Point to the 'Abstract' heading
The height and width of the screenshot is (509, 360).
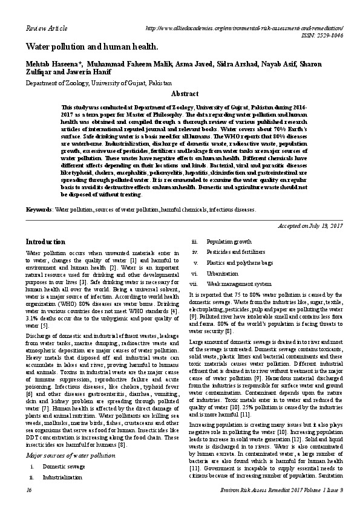tap(185, 94)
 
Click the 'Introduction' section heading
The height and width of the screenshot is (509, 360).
tap(45, 241)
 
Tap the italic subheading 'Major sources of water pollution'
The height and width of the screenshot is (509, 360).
tap(65, 455)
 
